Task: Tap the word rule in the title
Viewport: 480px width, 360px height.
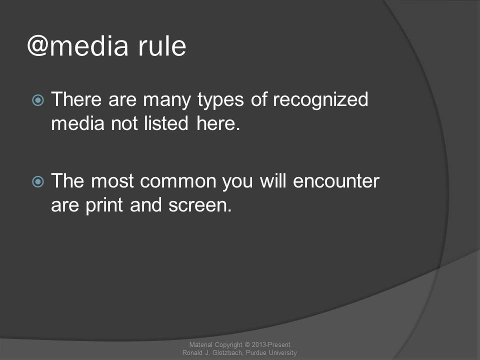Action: click(x=162, y=46)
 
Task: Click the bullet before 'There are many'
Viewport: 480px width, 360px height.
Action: click(x=38, y=100)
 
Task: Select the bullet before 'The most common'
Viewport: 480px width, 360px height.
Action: click(x=38, y=181)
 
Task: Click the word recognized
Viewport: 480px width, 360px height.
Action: click(x=320, y=100)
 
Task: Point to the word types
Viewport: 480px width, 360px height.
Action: click(x=220, y=100)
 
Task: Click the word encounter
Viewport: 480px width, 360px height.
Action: click(x=336, y=181)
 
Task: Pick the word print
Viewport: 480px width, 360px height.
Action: click(x=104, y=205)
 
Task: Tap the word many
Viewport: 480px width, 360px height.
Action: click(x=167, y=100)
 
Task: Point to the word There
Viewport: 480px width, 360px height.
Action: click(x=76, y=99)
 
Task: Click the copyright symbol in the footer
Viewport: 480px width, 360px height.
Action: click(x=247, y=345)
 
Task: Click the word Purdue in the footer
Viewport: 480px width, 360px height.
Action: click(x=256, y=352)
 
